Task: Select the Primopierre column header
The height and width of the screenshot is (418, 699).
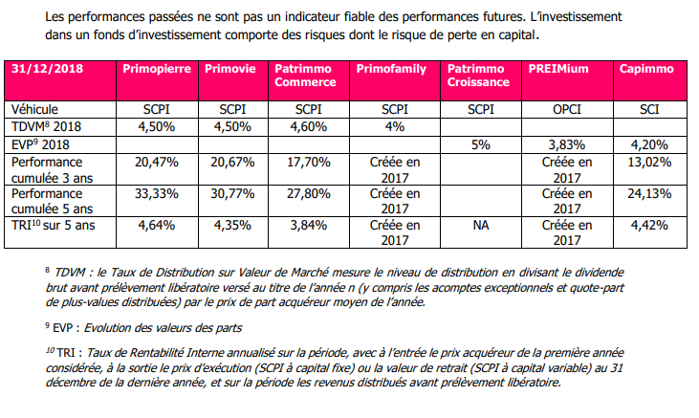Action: tap(156, 70)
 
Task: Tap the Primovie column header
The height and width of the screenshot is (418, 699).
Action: tap(229, 70)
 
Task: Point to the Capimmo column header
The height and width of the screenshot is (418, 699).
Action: tap(646, 70)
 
